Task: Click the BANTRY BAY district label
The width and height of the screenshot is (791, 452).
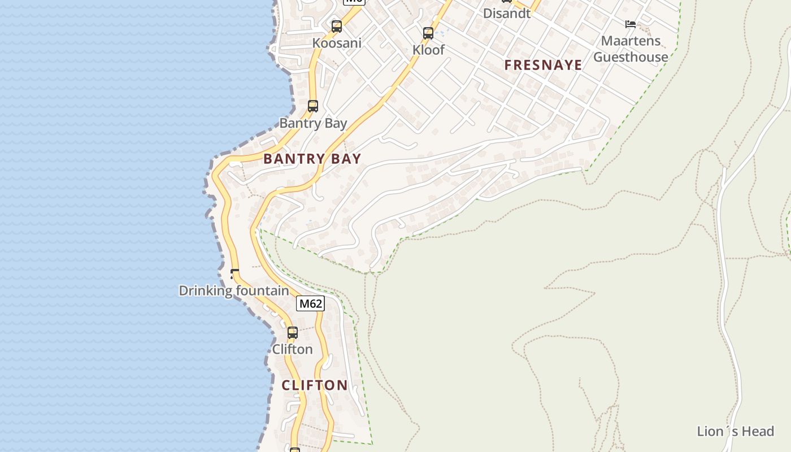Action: click(x=312, y=159)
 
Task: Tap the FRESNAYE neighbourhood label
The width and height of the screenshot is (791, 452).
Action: click(x=543, y=65)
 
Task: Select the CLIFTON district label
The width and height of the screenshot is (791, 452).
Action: click(x=315, y=385)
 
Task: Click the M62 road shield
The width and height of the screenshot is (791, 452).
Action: click(x=310, y=303)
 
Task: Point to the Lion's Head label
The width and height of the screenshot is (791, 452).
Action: click(x=735, y=432)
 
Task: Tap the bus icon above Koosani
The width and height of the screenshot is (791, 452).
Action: click(x=336, y=26)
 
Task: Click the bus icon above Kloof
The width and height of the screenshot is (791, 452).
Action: click(x=428, y=33)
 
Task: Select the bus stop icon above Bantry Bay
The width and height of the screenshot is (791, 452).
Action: click(x=312, y=106)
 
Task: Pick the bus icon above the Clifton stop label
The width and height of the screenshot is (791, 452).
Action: click(x=292, y=332)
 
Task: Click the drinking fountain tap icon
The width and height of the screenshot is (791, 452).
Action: click(x=234, y=273)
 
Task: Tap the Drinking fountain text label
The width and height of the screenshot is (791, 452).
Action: click(x=234, y=291)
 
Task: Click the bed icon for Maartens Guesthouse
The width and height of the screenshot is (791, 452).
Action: click(x=631, y=24)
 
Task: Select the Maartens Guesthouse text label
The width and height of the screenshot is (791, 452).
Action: click(x=631, y=49)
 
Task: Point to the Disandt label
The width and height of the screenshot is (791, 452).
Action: click(x=507, y=14)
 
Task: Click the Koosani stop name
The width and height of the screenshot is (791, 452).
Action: click(x=337, y=43)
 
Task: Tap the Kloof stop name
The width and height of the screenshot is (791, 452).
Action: click(x=428, y=50)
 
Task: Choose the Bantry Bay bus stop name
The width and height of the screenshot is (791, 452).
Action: click(x=313, y=123)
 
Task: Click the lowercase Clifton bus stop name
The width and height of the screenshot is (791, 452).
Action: click(x=292, y=349)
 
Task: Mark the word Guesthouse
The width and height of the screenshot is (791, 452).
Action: click(x=631, y=57)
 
